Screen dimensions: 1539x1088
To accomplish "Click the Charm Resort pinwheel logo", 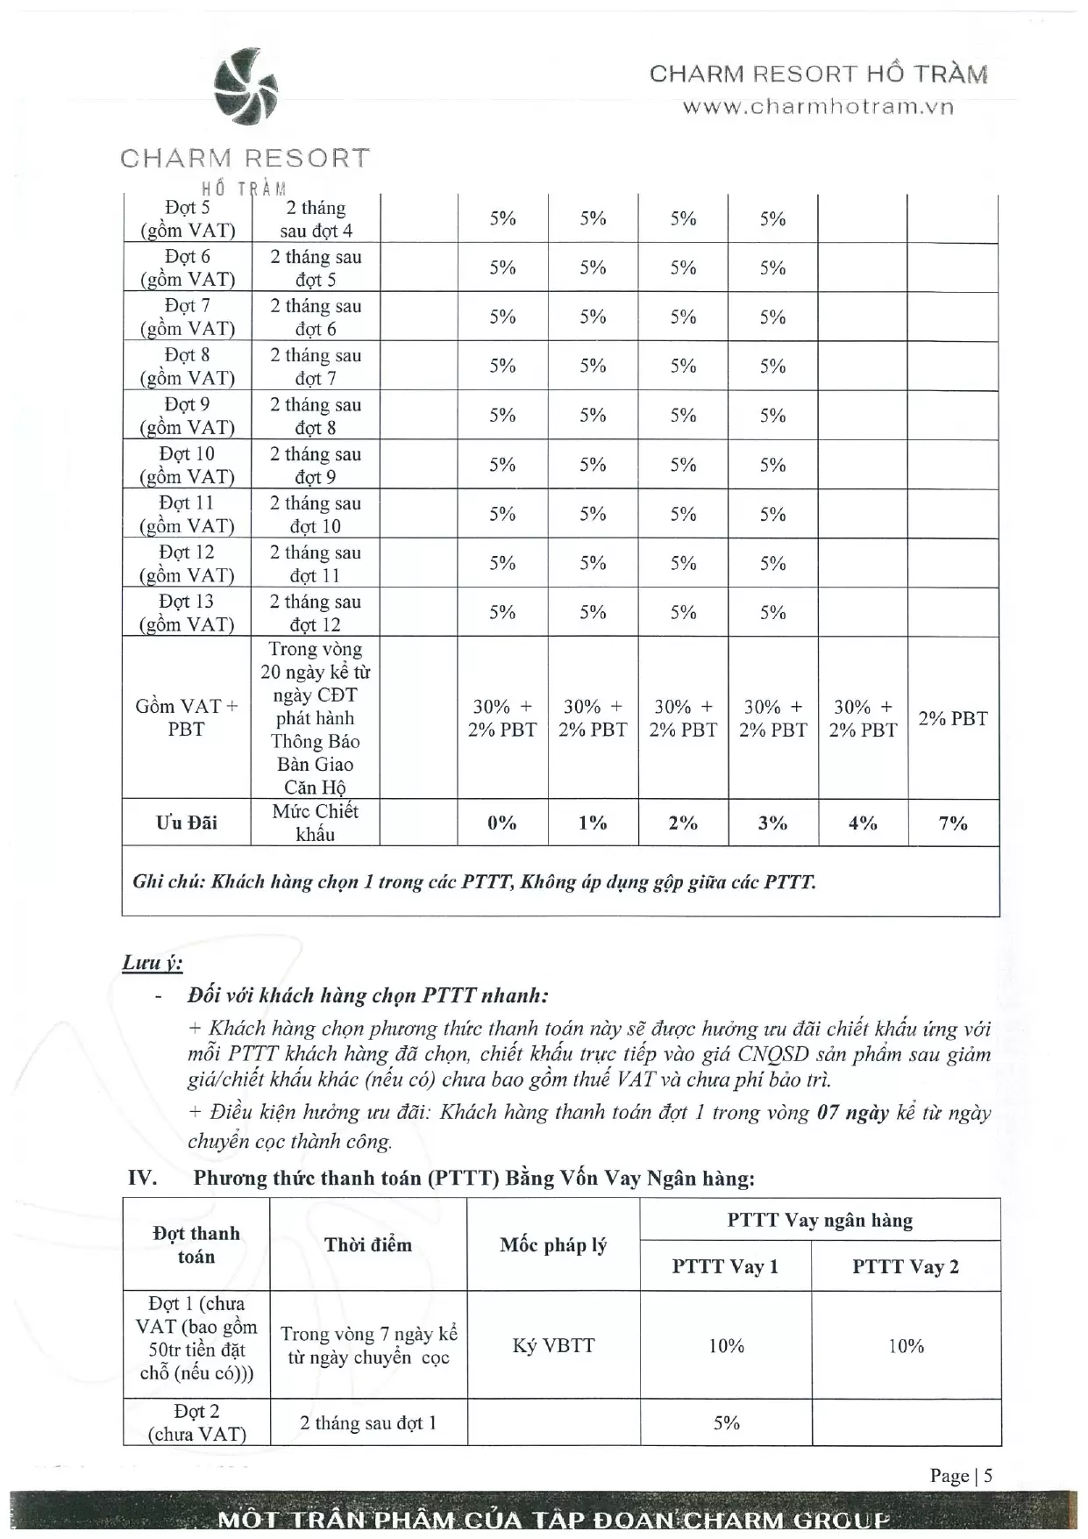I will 246,86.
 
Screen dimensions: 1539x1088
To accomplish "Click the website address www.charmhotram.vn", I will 818,107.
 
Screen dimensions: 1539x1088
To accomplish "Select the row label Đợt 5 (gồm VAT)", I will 188,219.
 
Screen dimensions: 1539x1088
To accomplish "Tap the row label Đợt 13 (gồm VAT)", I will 188,613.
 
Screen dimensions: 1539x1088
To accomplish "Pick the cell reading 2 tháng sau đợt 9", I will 316,466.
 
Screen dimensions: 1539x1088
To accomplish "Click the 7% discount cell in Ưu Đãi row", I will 953,823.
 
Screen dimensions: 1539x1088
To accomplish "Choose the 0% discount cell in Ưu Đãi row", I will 502,823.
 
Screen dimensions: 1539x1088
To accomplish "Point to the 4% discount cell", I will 863,823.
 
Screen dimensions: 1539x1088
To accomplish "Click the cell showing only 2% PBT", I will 953,719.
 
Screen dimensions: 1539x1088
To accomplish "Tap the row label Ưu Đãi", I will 187,823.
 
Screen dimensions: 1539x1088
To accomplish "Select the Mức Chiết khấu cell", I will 316,823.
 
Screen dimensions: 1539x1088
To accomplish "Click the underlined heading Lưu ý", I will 152,963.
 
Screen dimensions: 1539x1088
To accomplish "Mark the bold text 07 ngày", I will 852,1113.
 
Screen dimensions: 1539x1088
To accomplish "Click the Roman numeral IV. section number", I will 142,1178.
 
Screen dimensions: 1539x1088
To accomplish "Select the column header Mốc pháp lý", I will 553,1245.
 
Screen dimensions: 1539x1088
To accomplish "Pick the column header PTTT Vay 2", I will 906,1267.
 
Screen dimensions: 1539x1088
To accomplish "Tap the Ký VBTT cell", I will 553,1346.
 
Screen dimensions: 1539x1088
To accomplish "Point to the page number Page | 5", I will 961,1476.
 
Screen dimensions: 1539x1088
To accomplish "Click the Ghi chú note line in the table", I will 474,882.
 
